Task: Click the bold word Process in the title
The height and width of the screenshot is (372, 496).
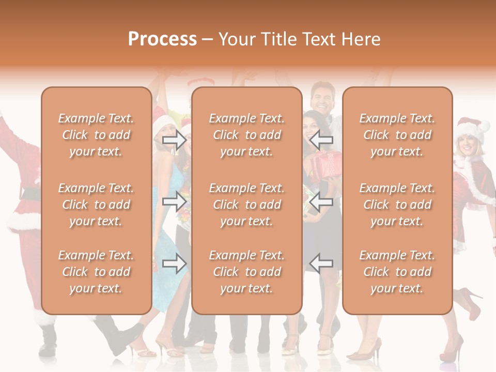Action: click(162, 39)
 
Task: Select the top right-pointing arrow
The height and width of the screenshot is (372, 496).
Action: click(174, 140)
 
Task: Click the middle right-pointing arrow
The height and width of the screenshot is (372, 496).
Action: click(174, 202)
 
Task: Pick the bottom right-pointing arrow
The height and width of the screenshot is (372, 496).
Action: click(174, 264)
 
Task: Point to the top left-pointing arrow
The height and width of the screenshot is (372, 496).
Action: click(321, 138)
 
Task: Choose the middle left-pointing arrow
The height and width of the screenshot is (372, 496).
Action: click(321, 202)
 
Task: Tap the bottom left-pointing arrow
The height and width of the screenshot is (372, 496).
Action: click(321, 263)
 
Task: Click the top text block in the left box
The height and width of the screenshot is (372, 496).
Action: click(96, 135)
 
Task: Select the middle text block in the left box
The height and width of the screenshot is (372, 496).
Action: click(96, 205)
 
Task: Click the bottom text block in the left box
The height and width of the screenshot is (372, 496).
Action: click(96, 272)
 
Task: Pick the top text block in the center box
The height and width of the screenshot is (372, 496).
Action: click(247, 135)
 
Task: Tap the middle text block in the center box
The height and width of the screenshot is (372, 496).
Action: click(247, 205)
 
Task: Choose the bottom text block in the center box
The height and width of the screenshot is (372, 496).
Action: click(247, 272)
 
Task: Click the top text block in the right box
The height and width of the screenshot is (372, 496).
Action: click(397, 135)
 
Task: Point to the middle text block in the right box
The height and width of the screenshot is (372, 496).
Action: click(397, 205)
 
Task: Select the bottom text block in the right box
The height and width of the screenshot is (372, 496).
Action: click(397, 272)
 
